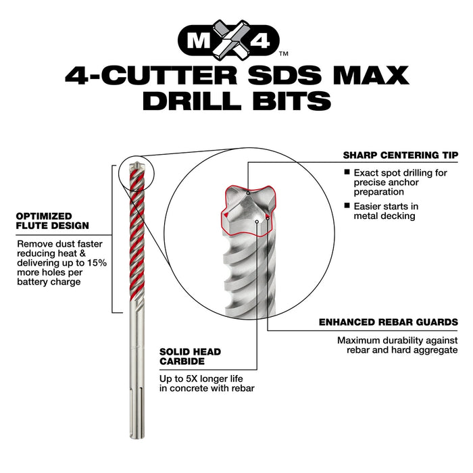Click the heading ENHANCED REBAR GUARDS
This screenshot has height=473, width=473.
pyautogui.click(x=388, y=323)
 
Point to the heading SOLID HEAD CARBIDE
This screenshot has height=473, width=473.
pyautogui.click(x=190, y=357)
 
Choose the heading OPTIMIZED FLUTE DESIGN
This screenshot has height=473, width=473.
pyautogui.click(x=52, y=221)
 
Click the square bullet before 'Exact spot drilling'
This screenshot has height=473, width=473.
pyautogui.click(x=347, y=173)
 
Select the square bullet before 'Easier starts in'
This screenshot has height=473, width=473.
pyautogui.click(x=347, y=205)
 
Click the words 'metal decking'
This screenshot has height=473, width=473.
pyautogui.click(x=384, y=216)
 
